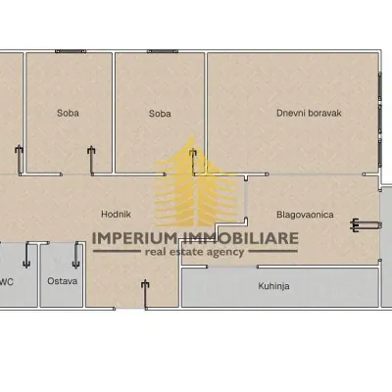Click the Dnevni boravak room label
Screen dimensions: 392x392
tap(309, 113)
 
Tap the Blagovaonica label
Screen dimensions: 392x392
tap(305, 215)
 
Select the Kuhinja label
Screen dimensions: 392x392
tap(273, 286)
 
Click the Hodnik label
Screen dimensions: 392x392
tap(116, 215)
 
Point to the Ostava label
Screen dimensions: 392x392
tap(63, 281)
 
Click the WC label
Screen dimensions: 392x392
tap(7, 281)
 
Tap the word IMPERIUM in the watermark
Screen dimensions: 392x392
tap(134, 238)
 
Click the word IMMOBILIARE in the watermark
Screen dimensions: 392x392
tap(239, 238)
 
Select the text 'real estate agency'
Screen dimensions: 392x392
tap(195, 252)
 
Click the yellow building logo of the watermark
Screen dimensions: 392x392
tap(195, 183)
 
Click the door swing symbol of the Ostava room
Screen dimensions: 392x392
tap(76, 256)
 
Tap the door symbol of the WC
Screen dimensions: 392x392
tap(26, 256)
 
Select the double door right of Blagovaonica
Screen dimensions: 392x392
tap(366, 224)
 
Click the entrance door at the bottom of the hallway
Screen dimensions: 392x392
tap(145, 295)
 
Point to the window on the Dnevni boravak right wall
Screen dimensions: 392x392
tap(380, 120)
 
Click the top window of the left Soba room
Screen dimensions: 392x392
tap(71, 51)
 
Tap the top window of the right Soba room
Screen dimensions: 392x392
tap(163, 51)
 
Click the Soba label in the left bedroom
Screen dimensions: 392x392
tap(68, 113)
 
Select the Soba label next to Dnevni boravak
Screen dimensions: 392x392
tap(160, 114)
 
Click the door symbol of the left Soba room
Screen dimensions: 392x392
tap(91, 160)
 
